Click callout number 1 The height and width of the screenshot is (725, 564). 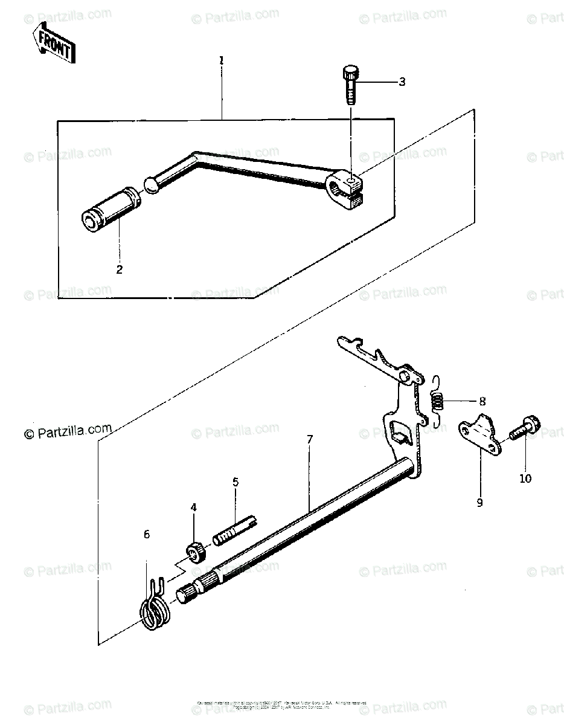point(222,60)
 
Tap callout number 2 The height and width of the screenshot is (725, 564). point(119,269)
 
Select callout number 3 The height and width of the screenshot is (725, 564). point(402,82)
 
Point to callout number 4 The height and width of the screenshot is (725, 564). point(193,508)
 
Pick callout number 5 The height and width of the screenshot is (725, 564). point(236,482)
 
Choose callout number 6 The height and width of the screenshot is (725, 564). point(146,535)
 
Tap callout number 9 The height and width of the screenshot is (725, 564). point(479,502)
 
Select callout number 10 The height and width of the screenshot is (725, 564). point(525,478)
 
